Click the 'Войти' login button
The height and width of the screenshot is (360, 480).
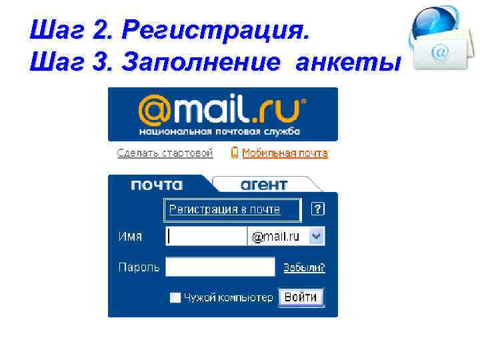tap(300, 297)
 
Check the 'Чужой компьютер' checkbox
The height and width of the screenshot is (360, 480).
tap(175, 298)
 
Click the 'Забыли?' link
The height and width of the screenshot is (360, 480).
tap(304, 267)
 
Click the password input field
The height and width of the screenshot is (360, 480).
tap(220, 267)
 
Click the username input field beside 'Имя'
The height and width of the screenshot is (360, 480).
tap(207, 236)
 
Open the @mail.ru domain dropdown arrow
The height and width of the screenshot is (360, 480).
tap(317, 236)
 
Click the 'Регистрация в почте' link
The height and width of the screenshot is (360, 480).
tap(225, 209)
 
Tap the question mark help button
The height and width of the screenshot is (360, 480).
tap(318, 209)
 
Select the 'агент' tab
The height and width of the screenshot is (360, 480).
tap(264, 185)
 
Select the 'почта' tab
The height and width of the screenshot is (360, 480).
tap(157, 185)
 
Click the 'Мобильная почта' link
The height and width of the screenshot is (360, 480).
tap(285, 153)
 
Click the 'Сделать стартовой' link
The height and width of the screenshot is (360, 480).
tap(165, 153)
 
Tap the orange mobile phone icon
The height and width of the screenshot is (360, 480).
tap(235, 153)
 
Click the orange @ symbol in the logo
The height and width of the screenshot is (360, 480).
tap(155, 109)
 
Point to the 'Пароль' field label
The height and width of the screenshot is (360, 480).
tap(139, 267)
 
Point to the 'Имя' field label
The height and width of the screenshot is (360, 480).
tap(130, 236)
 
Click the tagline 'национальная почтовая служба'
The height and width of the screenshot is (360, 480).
tap(220, 131)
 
